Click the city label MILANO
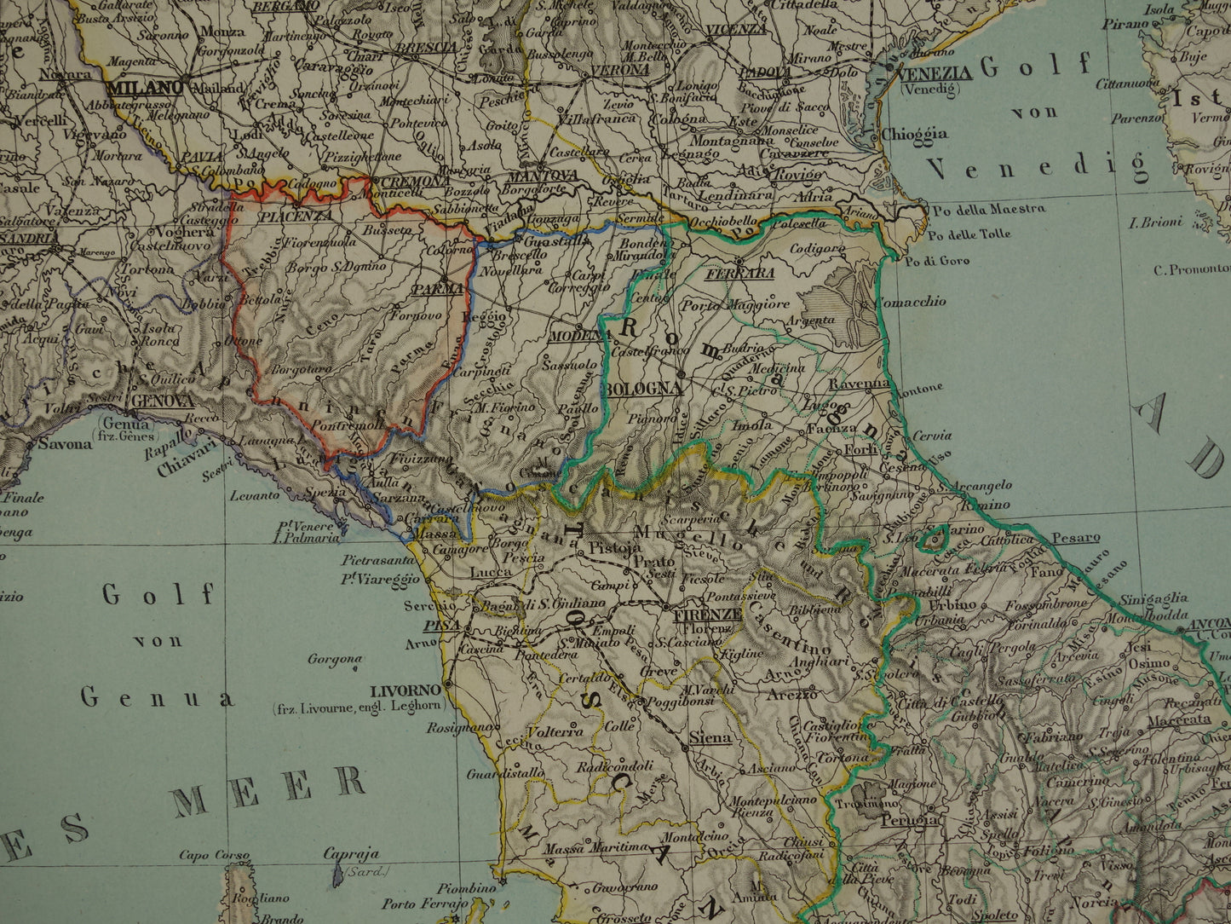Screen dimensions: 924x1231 (146, 88)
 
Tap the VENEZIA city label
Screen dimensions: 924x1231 (935, 72)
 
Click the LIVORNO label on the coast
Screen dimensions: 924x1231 (406, 690)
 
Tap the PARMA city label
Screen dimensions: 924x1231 (437, 290)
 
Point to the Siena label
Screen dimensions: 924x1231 (710, 737)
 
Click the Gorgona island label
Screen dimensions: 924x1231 (336, 659)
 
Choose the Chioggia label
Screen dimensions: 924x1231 (914, 134)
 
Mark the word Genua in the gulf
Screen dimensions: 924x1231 (157, 698)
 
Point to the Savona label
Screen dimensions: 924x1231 (66, 443)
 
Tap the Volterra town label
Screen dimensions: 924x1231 (555, 731)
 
